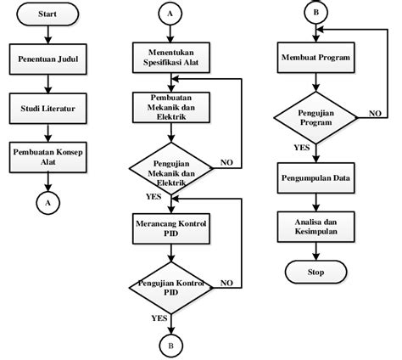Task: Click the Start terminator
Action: (48, 15)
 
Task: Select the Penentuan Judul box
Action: (48, 61)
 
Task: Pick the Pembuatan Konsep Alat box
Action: (48, 158)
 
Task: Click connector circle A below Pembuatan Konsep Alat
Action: (48, 203)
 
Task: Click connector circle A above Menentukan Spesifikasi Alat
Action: (170, 14)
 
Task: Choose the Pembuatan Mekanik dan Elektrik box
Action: (170, 109)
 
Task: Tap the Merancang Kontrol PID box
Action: (170, 227)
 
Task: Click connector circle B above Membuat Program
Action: (315, 14)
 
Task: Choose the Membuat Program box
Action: (315, 61)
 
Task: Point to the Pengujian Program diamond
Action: (315, 120)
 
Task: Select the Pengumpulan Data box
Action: (315, 179)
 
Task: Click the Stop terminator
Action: (315, 271)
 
